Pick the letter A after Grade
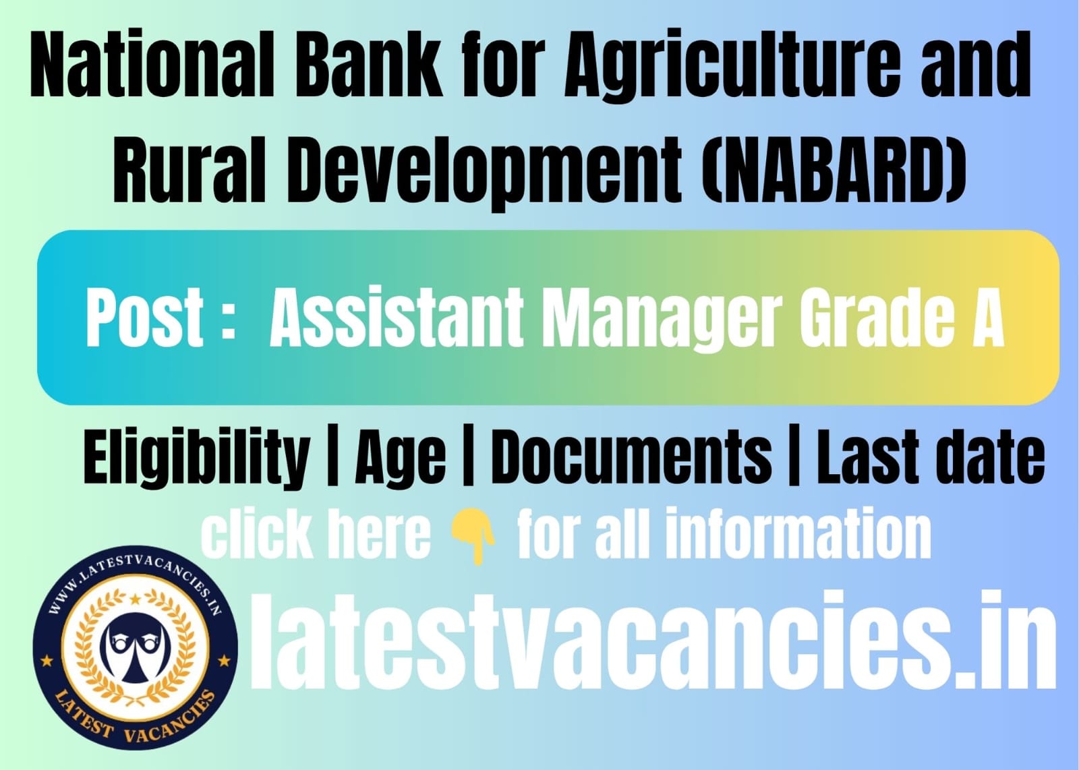(986, 317)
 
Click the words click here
(316, 535)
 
